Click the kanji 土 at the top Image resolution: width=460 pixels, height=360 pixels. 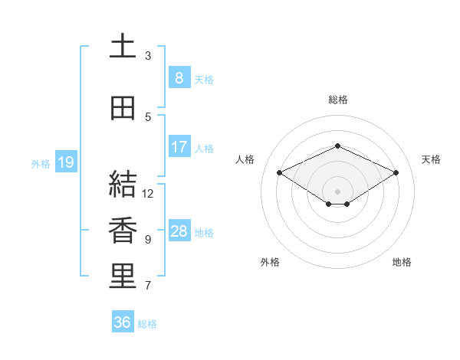coord(123,47)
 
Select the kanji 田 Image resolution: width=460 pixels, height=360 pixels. coord(123,108)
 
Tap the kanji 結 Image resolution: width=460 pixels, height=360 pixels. coord(123,185)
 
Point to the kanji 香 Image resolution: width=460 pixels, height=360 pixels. coord(123,231)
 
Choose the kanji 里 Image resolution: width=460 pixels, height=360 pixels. coord(123,277)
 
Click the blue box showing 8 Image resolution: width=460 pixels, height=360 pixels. coord(179,78)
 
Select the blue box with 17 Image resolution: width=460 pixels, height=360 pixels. coord(179,147)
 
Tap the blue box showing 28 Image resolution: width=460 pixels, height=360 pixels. coord(179,231)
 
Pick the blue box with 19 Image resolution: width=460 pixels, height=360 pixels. coord(65,162)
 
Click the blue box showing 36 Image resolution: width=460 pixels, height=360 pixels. coord(122,322)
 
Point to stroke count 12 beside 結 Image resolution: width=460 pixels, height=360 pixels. coord(148,194)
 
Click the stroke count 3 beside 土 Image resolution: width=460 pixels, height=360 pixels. coord(148,56)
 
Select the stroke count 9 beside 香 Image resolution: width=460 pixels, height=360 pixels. coord(148,240)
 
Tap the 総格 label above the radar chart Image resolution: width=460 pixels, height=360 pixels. coord(337,100)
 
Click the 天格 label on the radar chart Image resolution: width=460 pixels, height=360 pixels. coord(431,159)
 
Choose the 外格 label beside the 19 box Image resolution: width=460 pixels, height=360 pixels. coord(41,163)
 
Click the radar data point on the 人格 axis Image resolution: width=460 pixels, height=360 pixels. coord(280,173)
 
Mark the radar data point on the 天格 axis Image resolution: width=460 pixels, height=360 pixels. coord(396,173)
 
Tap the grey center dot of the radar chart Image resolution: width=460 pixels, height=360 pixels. coord(337,191)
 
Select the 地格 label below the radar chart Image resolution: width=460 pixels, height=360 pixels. coord(402,262)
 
